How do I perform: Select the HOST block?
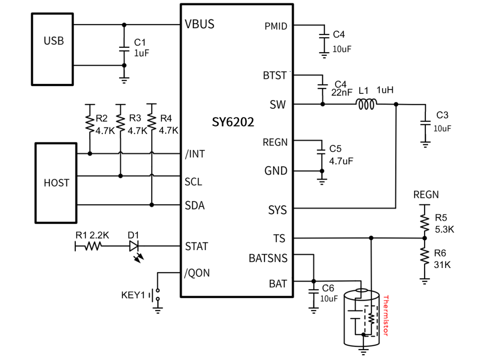[56, 183]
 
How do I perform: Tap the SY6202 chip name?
[233, 122]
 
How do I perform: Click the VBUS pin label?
[199, 25]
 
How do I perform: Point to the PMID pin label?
[276, 26]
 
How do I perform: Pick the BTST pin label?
[275, 75]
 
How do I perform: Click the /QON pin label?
[196, 273]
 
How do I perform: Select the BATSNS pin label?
[268, 258]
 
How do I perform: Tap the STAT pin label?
[196, 246]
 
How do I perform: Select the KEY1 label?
[133, 295]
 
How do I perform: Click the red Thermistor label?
[386, 316]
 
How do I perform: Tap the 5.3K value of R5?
[444, 229]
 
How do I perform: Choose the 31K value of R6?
[442, 264]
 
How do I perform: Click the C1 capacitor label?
[140, 42]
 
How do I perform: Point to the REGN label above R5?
[426, 195]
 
